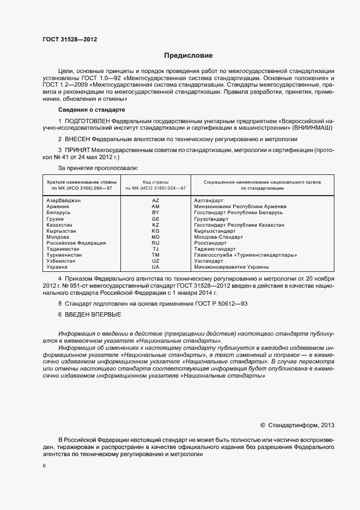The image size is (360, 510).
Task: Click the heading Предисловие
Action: (x=188, y=56)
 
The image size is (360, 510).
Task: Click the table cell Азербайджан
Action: (x=64, y=201)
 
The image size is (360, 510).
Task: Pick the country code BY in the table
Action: (x=156, y=213)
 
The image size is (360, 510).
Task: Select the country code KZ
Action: (x=156, y=225)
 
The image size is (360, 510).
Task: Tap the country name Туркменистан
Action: (x=65, y=255)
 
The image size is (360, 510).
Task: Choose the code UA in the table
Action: (x=156, y=267)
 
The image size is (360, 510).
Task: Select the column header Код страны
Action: (x=156, y=182)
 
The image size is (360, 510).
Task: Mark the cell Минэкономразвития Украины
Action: (x=231, y=267)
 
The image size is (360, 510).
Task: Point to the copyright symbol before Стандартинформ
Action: (x=263, y=424)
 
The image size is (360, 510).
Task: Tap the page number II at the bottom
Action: (x=44, y=467)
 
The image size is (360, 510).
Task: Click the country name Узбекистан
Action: (x=62, y=261)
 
